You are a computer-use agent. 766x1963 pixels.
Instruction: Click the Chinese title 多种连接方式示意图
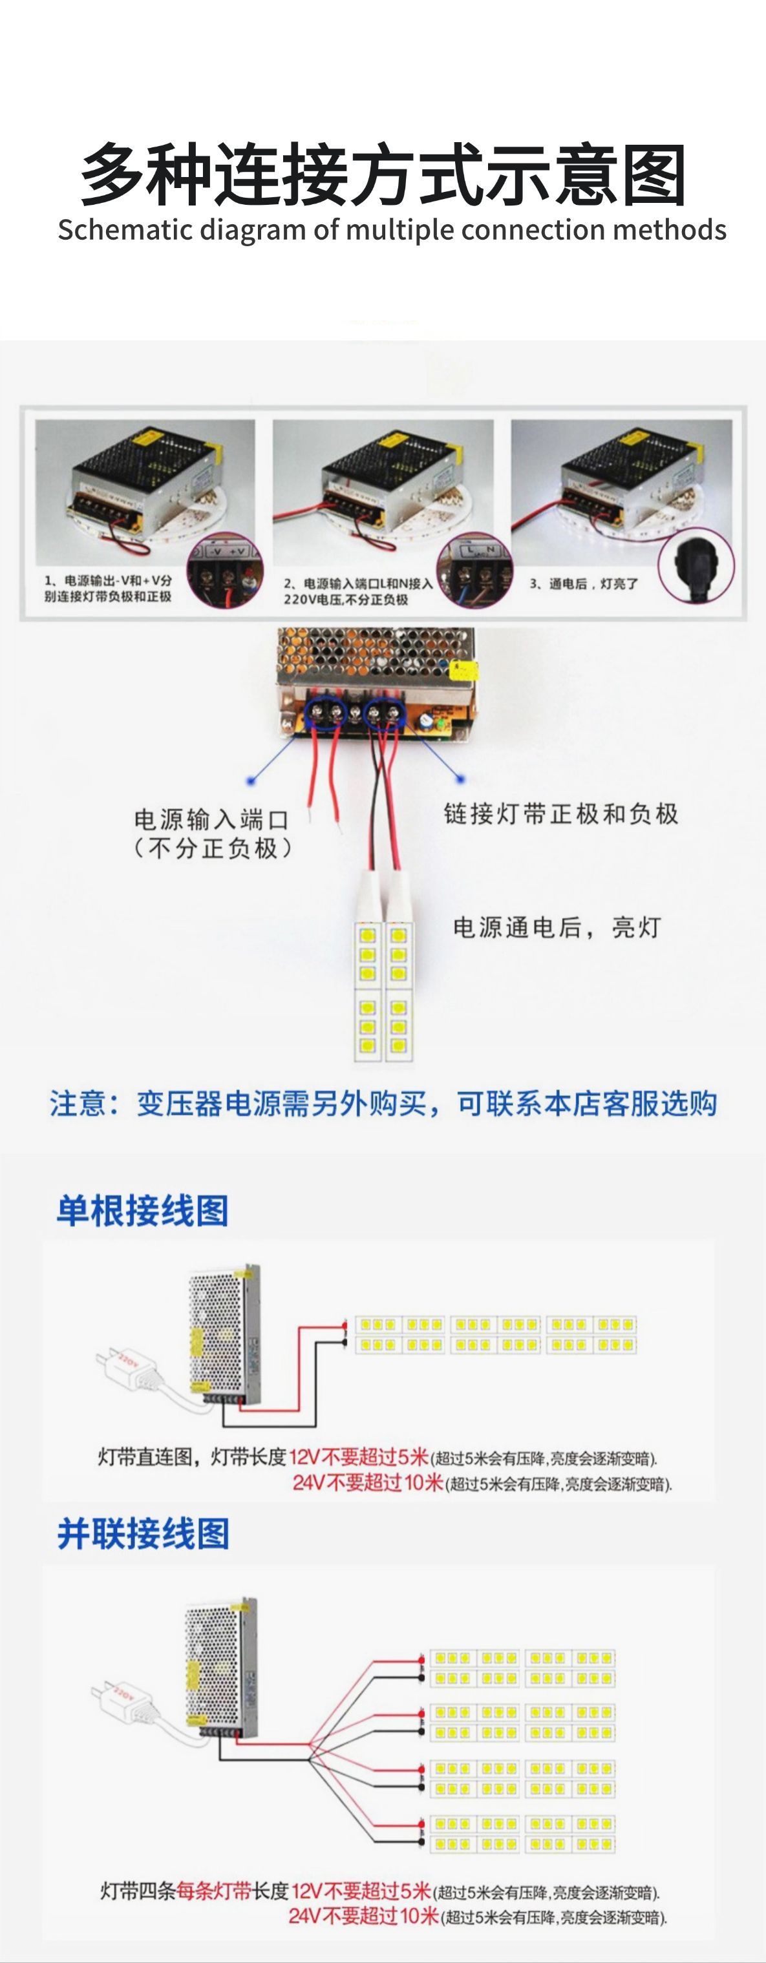383,175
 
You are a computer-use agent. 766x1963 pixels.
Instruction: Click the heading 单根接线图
142,1211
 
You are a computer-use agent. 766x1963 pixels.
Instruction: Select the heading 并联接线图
142,1534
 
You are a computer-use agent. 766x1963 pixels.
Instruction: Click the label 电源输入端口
211,820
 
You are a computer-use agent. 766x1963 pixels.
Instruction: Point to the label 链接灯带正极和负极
561,814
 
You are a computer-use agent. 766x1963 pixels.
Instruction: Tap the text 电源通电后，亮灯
557,927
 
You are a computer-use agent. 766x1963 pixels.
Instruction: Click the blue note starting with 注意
383,1104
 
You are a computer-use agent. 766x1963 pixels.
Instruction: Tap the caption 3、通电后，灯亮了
584,583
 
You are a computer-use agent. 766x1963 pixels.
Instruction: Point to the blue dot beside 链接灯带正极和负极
459,779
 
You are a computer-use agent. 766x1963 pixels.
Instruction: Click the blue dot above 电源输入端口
250,781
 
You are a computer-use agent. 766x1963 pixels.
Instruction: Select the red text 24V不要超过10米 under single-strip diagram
367,1482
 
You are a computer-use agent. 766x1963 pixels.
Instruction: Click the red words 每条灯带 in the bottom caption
213,1891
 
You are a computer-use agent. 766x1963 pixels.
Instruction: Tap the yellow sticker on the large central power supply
465,670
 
